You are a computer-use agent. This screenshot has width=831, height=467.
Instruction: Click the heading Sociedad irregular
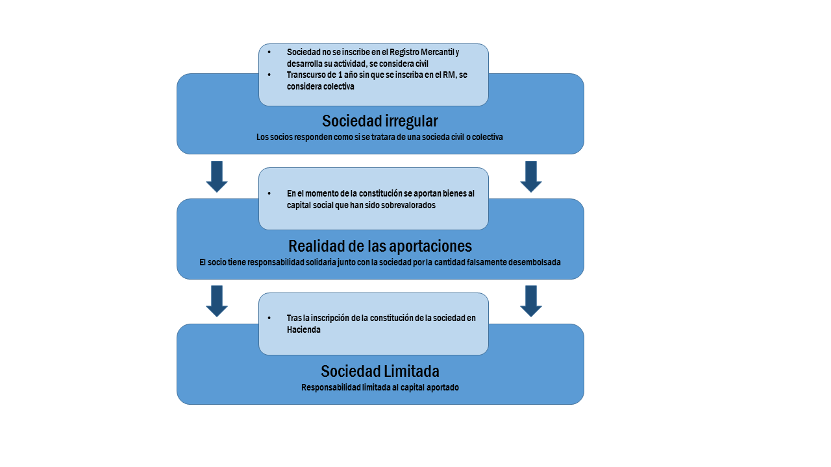coord(380,121)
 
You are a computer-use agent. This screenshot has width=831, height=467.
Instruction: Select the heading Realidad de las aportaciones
coord(380,246)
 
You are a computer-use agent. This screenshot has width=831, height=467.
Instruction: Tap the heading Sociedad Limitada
coord(380,372)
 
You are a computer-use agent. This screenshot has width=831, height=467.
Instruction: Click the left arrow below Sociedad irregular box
coord(217,176)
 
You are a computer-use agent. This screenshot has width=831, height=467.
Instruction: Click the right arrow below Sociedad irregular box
coord(531,176)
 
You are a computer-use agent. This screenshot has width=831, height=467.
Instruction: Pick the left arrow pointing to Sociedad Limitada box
coord(217,301)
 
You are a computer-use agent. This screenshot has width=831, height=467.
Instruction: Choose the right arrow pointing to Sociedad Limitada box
coord(531,301)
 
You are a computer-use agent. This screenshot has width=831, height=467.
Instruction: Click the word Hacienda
coord(303,329)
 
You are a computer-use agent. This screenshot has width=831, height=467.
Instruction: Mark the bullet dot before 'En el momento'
coord(269,193)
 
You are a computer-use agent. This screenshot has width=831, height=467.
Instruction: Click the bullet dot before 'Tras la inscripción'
coord(269,318)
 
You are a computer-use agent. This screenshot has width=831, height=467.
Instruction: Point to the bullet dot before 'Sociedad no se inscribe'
coord(269,52)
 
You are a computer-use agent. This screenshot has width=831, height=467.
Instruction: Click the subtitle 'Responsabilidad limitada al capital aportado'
coord(380,388)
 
